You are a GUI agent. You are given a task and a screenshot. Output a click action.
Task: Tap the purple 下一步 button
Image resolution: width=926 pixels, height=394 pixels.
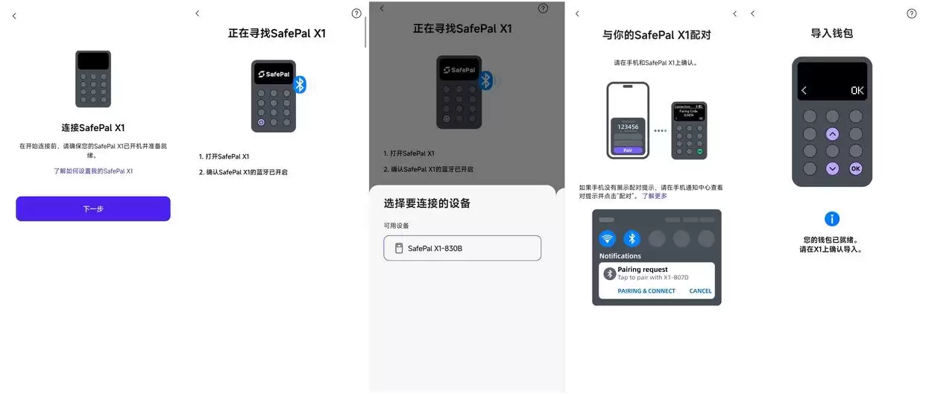pyautogui.click(x=93, y=209)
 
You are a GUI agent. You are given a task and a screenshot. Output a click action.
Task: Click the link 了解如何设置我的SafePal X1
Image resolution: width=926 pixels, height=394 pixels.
pyautogui.click(x=93, y=171)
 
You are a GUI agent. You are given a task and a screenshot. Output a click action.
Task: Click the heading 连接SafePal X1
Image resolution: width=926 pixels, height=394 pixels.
pyautogui.click(x=93, y=127)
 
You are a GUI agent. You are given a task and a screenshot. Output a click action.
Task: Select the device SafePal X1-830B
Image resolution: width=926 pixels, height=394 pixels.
pyautogui.click(x=462, y=248)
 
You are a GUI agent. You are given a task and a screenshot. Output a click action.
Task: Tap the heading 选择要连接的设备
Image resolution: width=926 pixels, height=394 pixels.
pyautogui.click(x=427, y=203)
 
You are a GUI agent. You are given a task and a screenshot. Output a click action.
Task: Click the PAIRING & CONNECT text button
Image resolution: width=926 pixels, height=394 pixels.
pyautogui.click(x=646, y=290)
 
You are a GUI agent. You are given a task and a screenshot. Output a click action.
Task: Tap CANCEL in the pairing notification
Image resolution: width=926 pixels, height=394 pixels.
pyautogui.click(x=700, y=290)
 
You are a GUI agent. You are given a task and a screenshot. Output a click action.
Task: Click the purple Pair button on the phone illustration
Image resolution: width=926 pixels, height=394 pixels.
pyautogui.click(x=628, y=150)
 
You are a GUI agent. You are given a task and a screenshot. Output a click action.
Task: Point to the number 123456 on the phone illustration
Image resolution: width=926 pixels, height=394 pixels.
pyautogui.click(x=628, y=127)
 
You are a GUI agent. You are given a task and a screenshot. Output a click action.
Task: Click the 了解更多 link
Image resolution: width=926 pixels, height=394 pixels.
pyautogui.click(x=655, y=196)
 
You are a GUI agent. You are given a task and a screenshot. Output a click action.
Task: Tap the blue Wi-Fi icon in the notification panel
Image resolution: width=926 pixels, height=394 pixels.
pyautogui.click(x=608, y=238)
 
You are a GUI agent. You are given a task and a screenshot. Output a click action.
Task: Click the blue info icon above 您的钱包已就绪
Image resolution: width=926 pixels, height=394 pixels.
pyautogui.click(x=832, y=219)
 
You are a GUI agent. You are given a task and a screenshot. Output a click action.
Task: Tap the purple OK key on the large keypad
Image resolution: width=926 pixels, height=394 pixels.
pyautogui.click(x=856, y=168)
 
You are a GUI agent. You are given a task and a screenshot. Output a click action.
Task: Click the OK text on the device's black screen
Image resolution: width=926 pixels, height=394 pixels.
pyautogui.click(x=857, y=90)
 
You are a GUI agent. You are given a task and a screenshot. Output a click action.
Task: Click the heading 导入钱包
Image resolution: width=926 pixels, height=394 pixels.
pyautogui.click(x=832, y=34)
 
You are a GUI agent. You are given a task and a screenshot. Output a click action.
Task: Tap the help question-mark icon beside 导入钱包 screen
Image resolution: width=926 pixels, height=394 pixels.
pyautogui.click(x=911, y=13)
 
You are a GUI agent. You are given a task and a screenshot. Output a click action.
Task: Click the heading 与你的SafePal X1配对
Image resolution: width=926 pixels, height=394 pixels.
pyautogui.click(x=656, y=34)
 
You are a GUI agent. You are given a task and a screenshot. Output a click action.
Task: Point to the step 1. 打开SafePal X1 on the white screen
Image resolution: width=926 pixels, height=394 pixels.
pyautogui.click(x=224, y=156)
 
